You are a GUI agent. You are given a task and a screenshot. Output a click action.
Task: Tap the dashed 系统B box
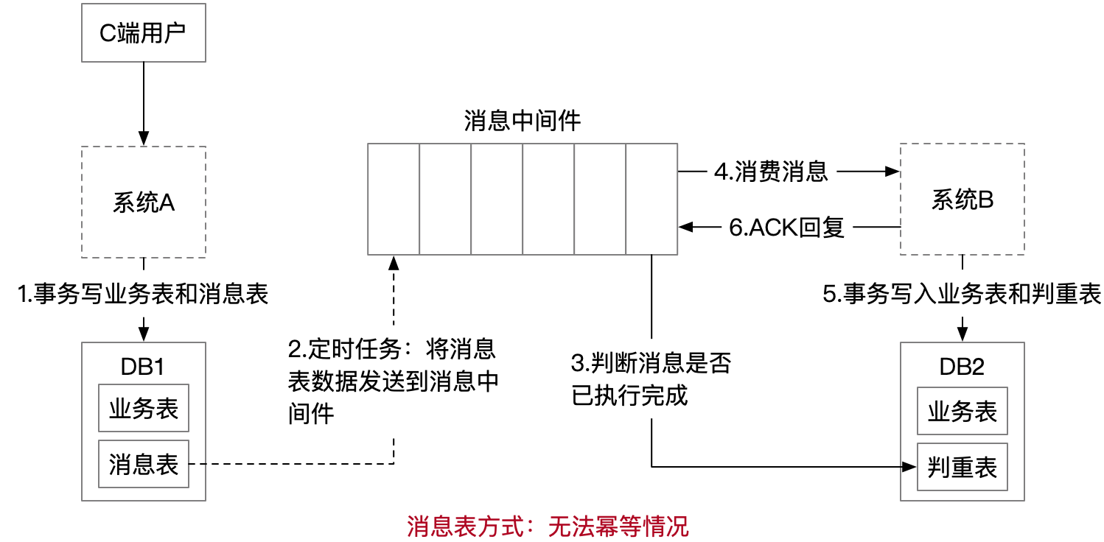962,200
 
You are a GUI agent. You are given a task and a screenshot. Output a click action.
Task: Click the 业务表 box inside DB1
144,409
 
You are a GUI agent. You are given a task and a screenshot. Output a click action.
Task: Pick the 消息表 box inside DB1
144,464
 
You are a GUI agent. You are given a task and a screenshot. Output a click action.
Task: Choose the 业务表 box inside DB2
962,411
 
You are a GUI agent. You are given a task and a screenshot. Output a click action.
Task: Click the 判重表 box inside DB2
962,467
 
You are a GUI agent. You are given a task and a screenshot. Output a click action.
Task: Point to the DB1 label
144,367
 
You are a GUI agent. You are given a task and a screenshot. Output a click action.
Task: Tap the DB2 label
962,367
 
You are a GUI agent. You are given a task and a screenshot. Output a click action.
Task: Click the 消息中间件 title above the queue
522,121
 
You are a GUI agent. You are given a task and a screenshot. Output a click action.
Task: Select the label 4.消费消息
771,172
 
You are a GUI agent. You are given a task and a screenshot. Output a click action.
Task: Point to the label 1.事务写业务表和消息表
143,295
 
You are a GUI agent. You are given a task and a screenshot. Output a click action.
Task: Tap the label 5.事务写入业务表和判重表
962,295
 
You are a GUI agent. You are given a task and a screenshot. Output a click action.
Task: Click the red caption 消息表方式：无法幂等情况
548,526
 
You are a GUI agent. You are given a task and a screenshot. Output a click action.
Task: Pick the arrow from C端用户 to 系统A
143,103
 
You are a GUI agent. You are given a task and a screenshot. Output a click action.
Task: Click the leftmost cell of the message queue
394,200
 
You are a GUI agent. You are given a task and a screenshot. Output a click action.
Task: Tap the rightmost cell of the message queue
651,200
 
